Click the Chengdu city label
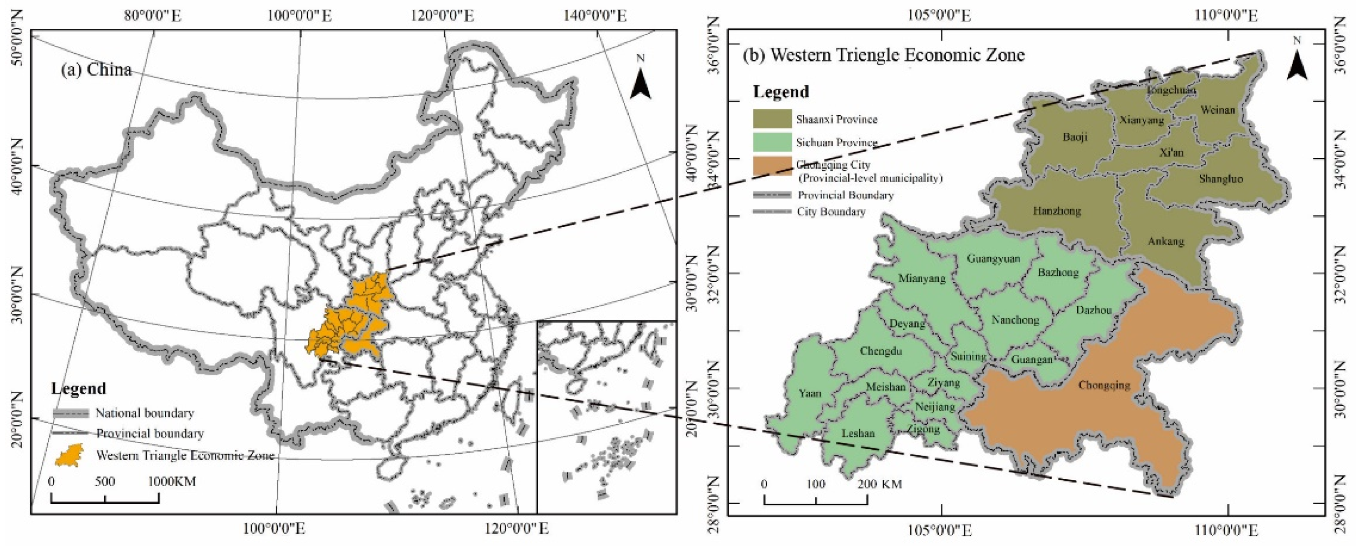(881, 351)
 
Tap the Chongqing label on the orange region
(1104, 385)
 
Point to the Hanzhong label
(1057, 211)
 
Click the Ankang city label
(1166, 241)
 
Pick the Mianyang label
(921, 278)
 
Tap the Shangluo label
(1221, 179)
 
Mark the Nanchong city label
(1015, 320)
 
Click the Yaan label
(809, 393)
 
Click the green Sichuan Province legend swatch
(772, 142)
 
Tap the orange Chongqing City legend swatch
(772, 166)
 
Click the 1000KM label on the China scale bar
(171, 481)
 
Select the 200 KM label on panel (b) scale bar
(880, 484)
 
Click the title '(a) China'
(96, 70)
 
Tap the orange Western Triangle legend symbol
(69, 455)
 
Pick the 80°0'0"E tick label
(153, 16)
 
